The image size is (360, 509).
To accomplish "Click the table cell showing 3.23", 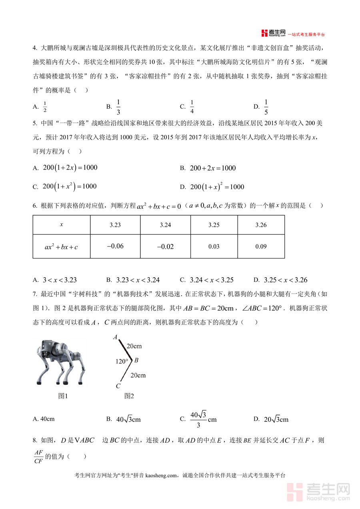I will pyautogui.click(x=115, y=225).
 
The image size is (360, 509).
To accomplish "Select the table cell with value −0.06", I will pyautogui.click(x=115, y=246).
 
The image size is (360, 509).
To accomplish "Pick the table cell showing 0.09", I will pyautogui.click(x=261, y=246).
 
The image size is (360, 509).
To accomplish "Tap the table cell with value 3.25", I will pyautogui.click(x=214, y=225).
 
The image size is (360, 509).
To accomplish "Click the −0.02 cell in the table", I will pyautogui.click(x=165, y=246).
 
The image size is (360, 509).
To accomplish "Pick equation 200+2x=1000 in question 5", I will pyautogui.click(x=213, y=168).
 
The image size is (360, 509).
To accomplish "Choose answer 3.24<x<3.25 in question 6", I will pyautogui.click(x=212, y=280).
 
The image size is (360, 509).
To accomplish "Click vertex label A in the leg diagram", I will pyautogui.click(x=115, y=337).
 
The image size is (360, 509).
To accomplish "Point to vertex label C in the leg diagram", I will pyautogui.click(x=118, y=386).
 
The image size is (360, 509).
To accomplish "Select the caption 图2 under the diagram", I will pyautogui.click(x=129, y=396).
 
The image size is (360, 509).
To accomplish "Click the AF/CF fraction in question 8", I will pyautogui.click(x=38, y=457).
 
